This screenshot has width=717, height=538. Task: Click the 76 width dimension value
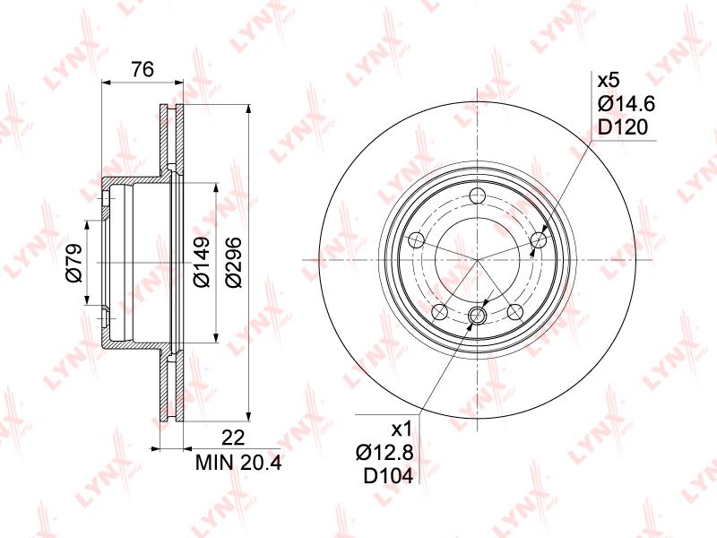[x=143, y=70]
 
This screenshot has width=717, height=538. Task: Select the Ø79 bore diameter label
[x=74, y=263]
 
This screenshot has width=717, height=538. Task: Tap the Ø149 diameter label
[x=201, y=262]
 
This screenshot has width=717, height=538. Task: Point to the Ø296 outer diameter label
[x=233, y=262]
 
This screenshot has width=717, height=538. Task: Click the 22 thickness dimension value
[x=233, y=438]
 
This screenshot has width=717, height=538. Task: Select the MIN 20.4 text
[x=238, y=463]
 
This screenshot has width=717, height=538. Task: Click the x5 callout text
[x=609, y=81]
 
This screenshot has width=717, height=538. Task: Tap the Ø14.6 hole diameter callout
[x=626, y=104]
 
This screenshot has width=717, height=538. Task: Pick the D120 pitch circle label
[x=623, y=127]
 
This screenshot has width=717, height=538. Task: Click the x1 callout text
[x=402, y=430]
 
